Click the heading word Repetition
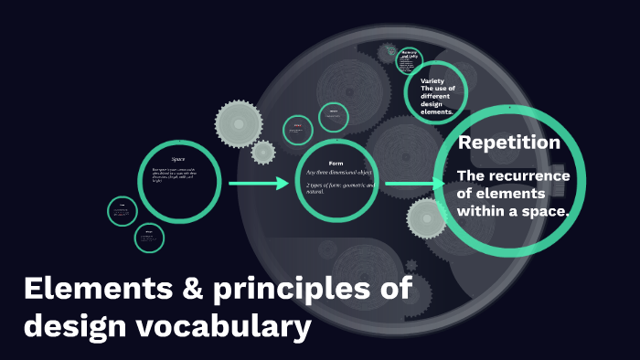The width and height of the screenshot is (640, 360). (508, 143)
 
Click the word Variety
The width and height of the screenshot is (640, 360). (432, 81)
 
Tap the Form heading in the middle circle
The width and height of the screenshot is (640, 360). (335, 163)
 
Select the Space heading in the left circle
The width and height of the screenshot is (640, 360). (178, 159)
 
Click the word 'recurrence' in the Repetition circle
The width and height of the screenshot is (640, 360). (527, 175)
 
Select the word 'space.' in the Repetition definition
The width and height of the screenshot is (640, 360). (547, 211)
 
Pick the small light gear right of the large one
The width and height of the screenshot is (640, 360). (263, 151)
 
